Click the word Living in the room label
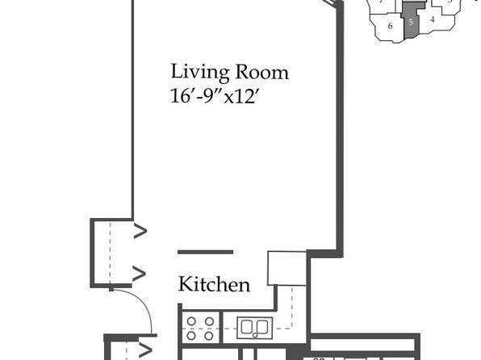pyautogui.click(x=199, y=73)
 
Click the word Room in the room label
pyautogui.click(x=261, y=72)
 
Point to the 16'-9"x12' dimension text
pyautogui.click(x=212, y=96)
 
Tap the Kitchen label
pyautogui.click(x=214, y=284)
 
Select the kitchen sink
pyautogui.click(x=254, y=328)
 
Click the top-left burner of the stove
pyautogui.click(x=191, y=321)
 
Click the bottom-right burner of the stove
pyautogui.click(x=209, y=336)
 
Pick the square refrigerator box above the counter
pyautogui.click(x=287, y=269)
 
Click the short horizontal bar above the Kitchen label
pyautogui.click(x=206, y=253)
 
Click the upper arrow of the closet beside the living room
pyautogui.click(x=140, y=232)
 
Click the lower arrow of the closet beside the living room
pyautogui.click(x=139, y=273)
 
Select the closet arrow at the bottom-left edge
pyautogui.click(x=145, y=350)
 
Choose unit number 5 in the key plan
pyautogui.click(x=411, y=22)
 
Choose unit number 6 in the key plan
pyautogui.click(x=390, y=26)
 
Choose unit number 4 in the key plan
pyautogui.click(x=433, y=19)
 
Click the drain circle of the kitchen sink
pyautogui.click(x=255, y=335)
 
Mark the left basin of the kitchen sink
pyautogui.click(x=247, y=327)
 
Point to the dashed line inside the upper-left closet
pyautogui.click(x=110, y=253)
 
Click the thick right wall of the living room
pyautogui.click(x=340, y=129)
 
